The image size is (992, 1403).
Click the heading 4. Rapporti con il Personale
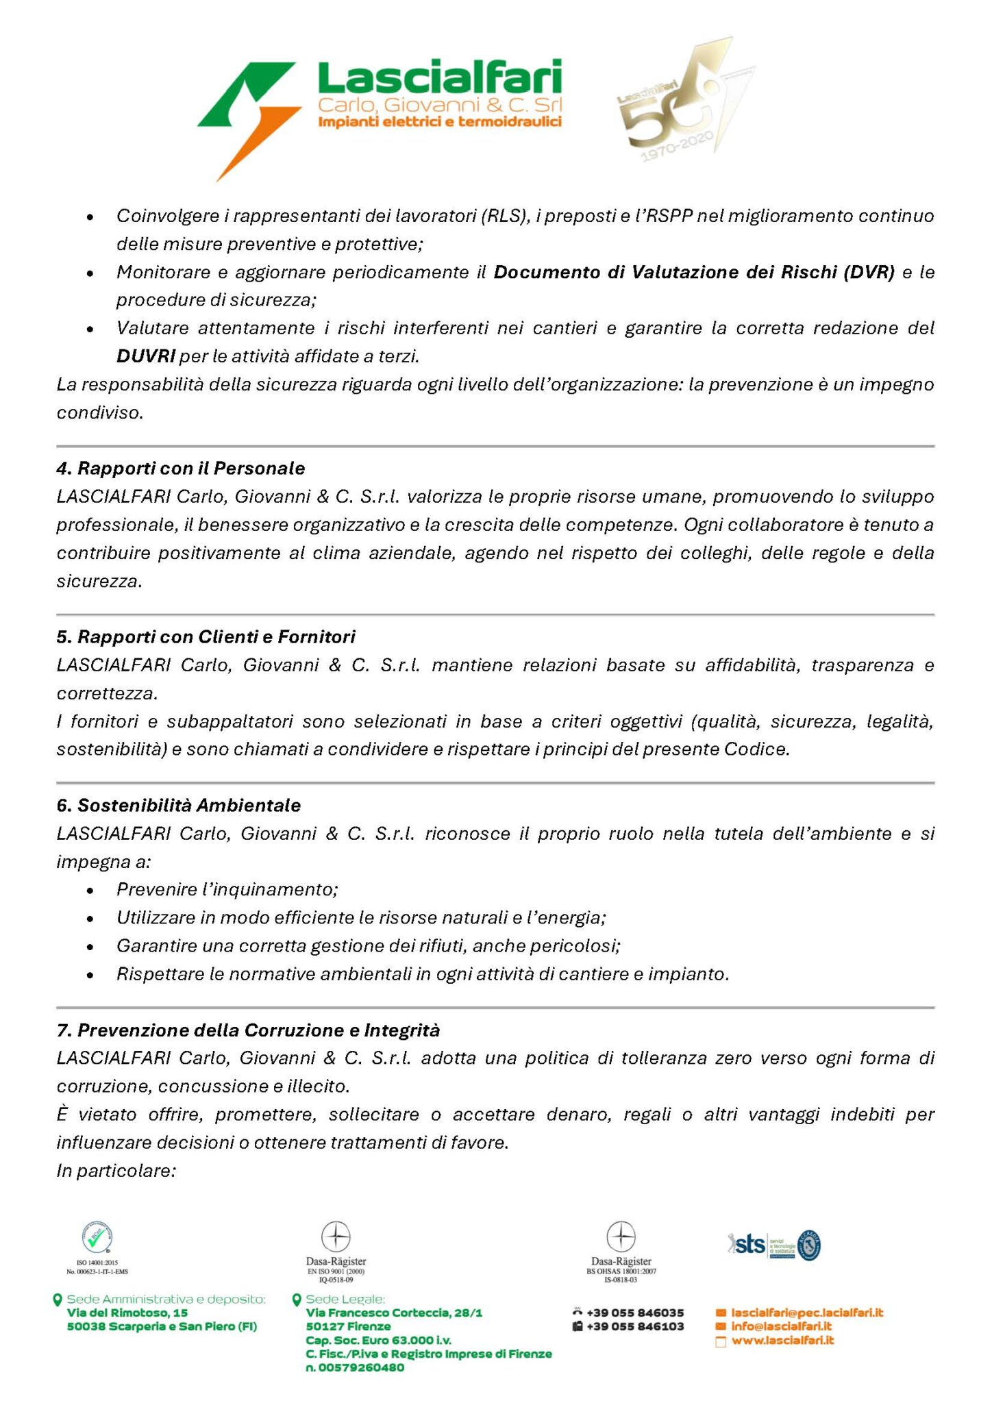point(181,469)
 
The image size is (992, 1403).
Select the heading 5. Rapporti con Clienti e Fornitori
point(206,637)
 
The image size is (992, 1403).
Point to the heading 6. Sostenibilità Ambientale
point(178,805)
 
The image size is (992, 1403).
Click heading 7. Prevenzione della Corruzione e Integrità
point(248,1030)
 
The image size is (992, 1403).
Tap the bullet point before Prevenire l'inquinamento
point(90,891)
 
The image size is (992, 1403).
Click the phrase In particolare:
point(116,1171)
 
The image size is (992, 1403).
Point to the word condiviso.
point(100,412)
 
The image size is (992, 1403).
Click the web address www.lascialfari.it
point(782,1340)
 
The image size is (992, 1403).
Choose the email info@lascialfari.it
point(781,1326)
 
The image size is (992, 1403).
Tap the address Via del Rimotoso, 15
point(127,1313)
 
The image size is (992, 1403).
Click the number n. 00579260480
point(355,1367)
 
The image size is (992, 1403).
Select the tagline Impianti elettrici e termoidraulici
point(440,122)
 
